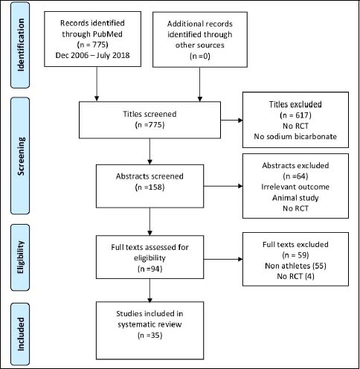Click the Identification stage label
tap(21, 45)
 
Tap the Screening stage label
tap(21, 156)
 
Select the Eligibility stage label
tap(21, 257)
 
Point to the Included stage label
tap(21, 334)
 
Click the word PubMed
tap(108, 34)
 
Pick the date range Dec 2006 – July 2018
tap(92, 55)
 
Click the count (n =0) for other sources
tap(200, 56)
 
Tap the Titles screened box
tap(150, 120)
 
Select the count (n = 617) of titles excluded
tap(295, 115)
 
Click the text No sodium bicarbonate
tap(295, 136)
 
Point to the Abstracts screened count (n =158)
tap(150, 187)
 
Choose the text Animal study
tap(295, 198)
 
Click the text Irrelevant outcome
tap(295, 187)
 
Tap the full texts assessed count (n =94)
tap(150, 269)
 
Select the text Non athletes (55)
tap(295, 266)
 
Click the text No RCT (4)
tap(295, 276)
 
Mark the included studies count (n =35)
tap(150, 336)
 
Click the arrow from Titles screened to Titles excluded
tap(231, 121)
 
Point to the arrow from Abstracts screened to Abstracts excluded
tap(223, 186)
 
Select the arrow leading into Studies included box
tap(150, 290)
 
